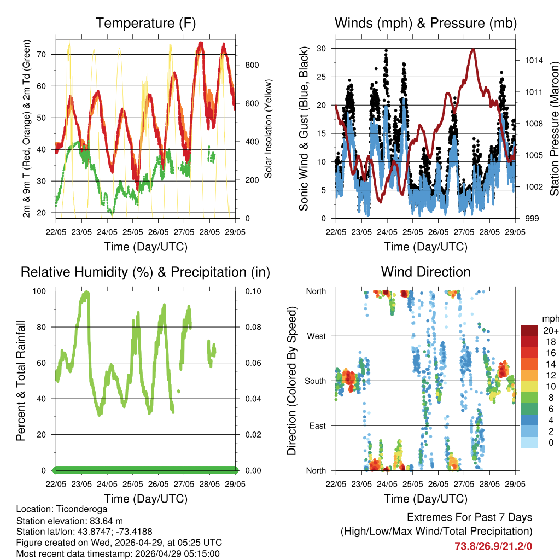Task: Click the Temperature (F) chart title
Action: point(145,24)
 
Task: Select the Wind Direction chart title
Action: point(425,272)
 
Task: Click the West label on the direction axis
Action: point(317,336)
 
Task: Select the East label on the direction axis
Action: point(317,426)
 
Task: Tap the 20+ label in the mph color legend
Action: point(550,330)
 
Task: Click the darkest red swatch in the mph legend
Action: point(529,330)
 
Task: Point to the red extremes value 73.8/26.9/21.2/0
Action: point(493,546)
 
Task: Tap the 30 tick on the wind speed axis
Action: point(323,49)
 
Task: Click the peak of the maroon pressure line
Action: point(472,50)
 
